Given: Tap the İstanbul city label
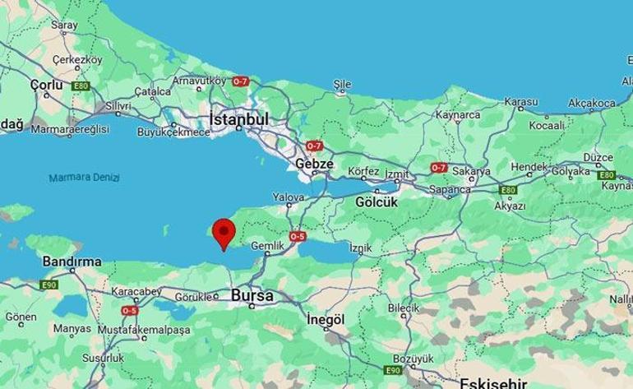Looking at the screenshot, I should (239, 119).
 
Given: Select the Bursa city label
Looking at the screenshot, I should (253, 294).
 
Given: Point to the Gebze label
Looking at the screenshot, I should (315, 164).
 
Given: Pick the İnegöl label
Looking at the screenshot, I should (323, 319).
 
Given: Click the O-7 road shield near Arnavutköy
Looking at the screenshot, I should (240, 82).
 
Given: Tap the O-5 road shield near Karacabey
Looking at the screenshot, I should (129, 311).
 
